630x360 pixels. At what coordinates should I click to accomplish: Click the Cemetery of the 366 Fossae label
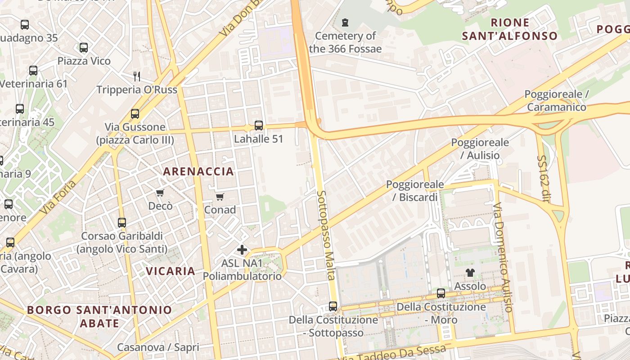click(x=345, y=42)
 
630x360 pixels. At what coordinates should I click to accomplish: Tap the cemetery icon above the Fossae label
click(x=345, y=22)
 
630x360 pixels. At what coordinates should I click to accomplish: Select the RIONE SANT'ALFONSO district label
click(x=509, y=29)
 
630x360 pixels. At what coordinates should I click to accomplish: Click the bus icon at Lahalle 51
click(x=258, y=126)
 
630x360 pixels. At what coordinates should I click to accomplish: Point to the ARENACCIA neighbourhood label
click(x=198, y=171)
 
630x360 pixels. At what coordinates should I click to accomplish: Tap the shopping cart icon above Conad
click(x=220, y=197)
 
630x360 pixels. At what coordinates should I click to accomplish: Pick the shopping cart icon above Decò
click(x=160, y=193)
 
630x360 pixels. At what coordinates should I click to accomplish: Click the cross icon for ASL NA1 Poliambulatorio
click(x=242, y=250)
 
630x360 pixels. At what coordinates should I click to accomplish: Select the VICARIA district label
click(x=171, y=271)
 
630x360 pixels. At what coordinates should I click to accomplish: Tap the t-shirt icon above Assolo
click(x=470, y=272)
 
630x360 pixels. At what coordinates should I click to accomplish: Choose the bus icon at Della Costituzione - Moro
click(x=441, y=293)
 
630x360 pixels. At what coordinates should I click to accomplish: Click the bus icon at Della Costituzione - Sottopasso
click(x=333, y=306)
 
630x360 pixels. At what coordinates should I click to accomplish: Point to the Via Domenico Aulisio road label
click(x=503, y=257)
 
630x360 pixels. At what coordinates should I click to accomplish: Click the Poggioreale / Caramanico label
click(x=557, y=101)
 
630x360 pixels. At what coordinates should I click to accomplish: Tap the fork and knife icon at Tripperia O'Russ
click(x=137, y=76)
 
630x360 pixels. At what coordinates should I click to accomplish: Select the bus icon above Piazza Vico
click(x=83, y=48)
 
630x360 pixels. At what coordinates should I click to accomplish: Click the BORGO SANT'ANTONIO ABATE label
click(x=99, y=316)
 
